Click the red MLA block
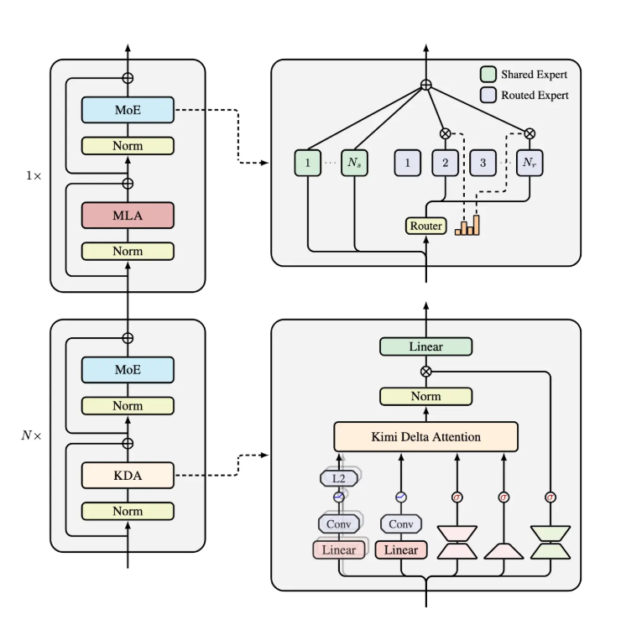128,215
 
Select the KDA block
128,475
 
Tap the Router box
426,226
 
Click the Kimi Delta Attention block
425,436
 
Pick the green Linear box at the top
425,346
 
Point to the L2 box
339,477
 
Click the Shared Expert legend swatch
488,74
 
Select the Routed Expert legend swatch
488,95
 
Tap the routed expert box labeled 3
483,163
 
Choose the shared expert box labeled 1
308,163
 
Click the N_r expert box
530,163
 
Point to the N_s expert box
355,163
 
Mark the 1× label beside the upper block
34,175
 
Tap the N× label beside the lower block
32,435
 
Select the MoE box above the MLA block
128,110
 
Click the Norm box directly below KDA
128,511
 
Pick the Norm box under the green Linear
425,396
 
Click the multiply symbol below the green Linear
425,371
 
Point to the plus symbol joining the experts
425,85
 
